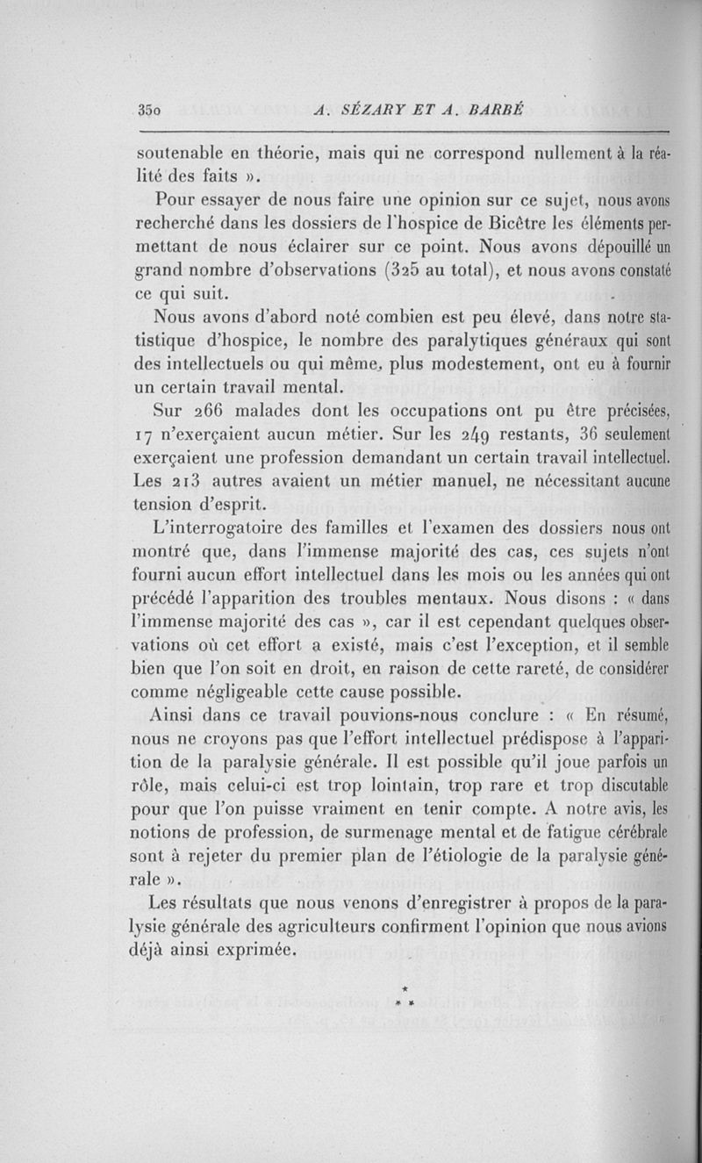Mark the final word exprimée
(247, 950)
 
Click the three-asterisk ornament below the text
(405, 995)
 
